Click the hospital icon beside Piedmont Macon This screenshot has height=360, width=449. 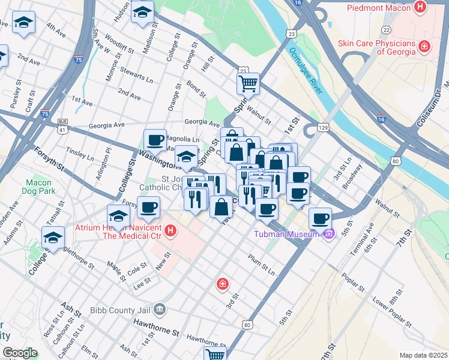pyautogui.click(x=420, y=8)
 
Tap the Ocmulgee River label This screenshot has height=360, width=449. pyautogui.click(x=306, y=71)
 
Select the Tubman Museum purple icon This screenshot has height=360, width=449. pyautogui.click(x=328, y=234)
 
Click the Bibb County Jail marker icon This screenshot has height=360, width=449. pyautogui.click(x=159, y=310)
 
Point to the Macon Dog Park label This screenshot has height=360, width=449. pyautogui.click(x=40, y=187)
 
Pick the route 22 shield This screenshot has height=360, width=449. pyautogui.click(x=387, y=29)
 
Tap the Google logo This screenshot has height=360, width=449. pyautogui.click(x=20, y=353)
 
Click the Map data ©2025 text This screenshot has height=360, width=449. pyautogui.click(x=423, y=355)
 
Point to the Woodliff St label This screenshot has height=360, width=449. pyautogui.click(x=113, y=46)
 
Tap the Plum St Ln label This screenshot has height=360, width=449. pyautogui.click(x=261, y=265)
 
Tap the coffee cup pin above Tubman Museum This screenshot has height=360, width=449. pyautogui.click(x=321, y=218)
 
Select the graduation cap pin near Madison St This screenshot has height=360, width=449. pyautogui.click(x=143, y=12)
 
